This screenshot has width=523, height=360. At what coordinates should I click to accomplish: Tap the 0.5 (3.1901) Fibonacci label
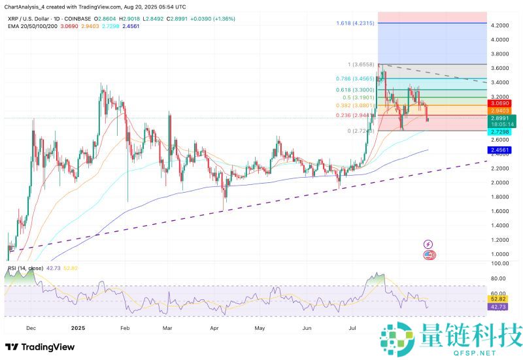pyautogui.click(x=356, y=97)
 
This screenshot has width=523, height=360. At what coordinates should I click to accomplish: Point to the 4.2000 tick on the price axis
pyautogui.click(x=501, y=25)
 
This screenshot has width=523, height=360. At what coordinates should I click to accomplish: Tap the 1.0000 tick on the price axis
pyautogui.click(x=501, y=254)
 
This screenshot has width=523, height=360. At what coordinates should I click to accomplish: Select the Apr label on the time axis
pyautogui.click(x=214, y=329)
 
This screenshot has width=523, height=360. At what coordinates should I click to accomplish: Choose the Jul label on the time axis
pyautogui.click(x=353, y=329)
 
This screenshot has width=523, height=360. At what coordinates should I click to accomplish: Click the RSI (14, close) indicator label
pyautogui.click(x=24, y=268)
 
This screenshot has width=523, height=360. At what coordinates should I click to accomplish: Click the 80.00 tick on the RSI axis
pyautogui.click(x=501, y=276)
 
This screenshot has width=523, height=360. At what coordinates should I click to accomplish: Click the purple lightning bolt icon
pyautogui.click(x=428, y=244)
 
